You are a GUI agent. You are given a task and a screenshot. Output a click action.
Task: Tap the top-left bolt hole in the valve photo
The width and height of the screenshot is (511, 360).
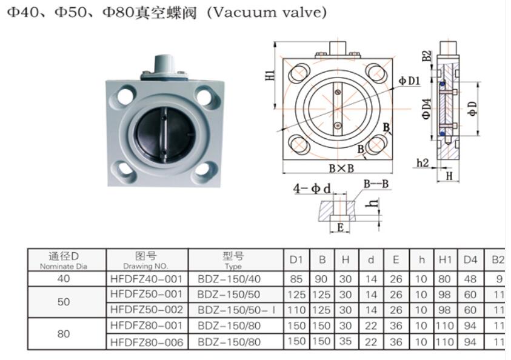coord(126,95)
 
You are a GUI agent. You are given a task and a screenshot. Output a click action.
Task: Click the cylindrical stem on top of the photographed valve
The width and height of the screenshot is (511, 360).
coord(164,63)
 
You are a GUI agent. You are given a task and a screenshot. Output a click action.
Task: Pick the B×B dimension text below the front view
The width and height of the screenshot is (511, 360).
coord(341,168)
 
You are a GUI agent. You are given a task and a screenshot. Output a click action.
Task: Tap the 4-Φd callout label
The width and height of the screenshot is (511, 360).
coord(312,188)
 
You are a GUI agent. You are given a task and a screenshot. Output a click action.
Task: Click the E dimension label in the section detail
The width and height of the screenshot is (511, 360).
coord(341,227)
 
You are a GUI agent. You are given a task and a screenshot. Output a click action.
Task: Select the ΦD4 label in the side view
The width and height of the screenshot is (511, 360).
coord(427,109)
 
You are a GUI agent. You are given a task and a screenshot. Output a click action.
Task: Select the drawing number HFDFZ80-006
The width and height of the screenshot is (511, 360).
coord(147,342)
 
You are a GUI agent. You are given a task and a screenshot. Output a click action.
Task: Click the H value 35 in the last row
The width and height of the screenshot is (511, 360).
coord(346,342)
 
